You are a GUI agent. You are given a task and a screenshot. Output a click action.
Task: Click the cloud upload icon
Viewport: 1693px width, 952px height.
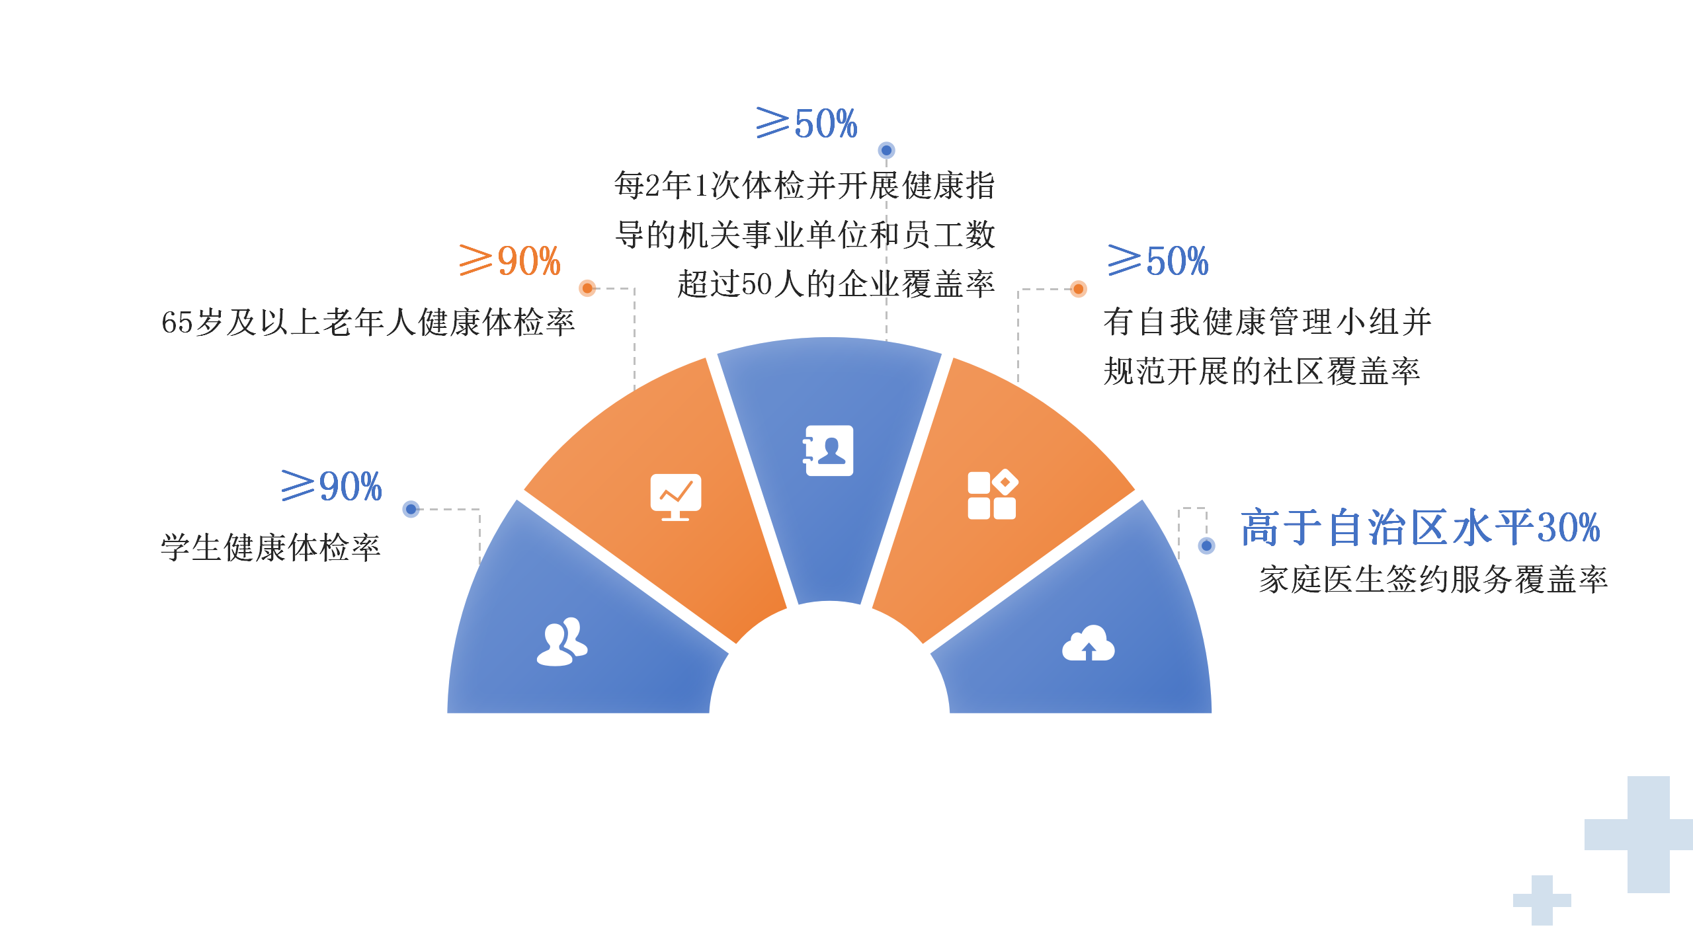coord(1088,643)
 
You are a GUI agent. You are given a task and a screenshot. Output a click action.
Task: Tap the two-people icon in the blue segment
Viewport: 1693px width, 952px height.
coord(562,641)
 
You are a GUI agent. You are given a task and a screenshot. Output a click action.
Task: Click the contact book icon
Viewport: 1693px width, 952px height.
coord(828,450)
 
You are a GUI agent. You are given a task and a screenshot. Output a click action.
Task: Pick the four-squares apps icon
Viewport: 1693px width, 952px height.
coord(992,495)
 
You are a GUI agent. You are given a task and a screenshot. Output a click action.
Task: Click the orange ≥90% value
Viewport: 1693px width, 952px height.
coord(510,260)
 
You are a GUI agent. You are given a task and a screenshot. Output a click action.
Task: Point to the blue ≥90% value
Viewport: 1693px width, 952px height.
coord(331,486)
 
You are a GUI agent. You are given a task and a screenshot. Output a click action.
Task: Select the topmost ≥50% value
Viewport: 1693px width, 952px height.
coord(807,123)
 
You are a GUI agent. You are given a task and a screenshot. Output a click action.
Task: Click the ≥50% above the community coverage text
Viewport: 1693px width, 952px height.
coord(1158,260)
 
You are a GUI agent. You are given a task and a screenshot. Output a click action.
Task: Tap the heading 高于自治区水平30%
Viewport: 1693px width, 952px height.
coord(1420,528)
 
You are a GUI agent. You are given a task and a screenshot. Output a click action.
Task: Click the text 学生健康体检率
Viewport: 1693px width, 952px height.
coord(270,547)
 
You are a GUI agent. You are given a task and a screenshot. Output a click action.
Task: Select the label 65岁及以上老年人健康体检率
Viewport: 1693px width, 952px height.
coord(368,323)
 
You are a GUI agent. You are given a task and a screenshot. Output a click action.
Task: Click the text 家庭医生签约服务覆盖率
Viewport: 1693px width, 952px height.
coord(1433,580)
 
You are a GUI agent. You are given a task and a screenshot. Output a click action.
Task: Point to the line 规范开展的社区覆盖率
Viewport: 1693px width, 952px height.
coord(1262,371)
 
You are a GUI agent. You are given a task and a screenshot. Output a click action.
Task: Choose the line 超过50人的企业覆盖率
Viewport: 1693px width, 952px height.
coord(836,284)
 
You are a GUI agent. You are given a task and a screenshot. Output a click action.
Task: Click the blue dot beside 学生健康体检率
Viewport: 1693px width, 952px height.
coord(411,509)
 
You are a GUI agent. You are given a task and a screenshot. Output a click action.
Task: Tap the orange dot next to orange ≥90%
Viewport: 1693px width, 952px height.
coord(587,288)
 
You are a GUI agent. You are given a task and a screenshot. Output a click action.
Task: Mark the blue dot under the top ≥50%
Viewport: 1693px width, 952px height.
coord(886,151)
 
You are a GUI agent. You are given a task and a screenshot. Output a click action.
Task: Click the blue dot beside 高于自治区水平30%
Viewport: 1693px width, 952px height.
coord(1207,545)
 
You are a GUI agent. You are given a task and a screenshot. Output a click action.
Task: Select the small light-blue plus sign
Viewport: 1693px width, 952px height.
coord(1542,900)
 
